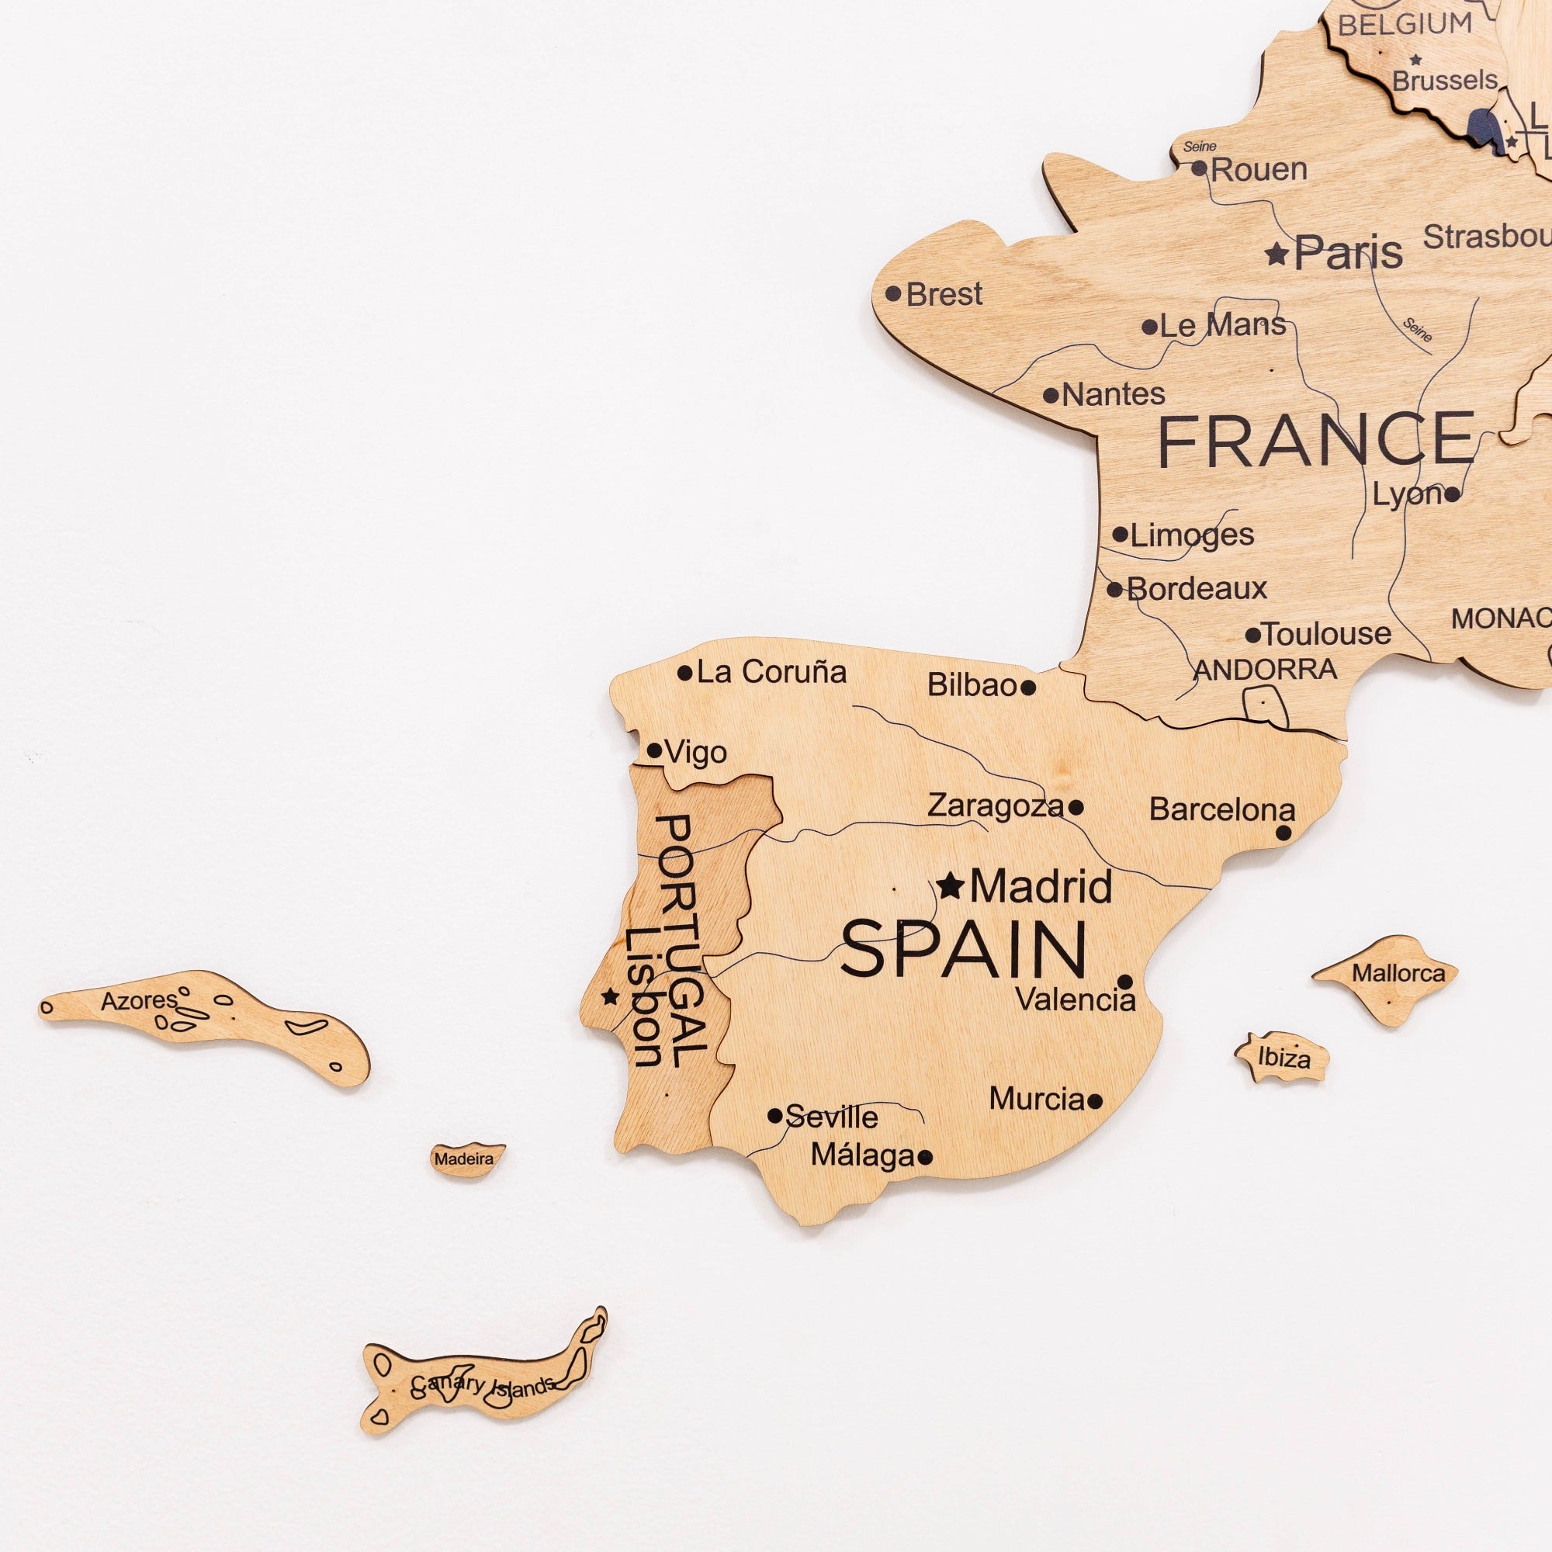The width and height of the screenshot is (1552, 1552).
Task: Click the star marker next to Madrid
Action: click(x=951, y=886)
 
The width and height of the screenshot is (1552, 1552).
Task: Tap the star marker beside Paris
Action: click(x=1277, y=254)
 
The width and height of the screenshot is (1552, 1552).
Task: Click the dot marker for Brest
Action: click(x=892, y=293)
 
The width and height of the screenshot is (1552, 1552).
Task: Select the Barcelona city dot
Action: click(x=1284, y=833)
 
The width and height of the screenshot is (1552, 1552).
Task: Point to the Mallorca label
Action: click(x=1398, y=973)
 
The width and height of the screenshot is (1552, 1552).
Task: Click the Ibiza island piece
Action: click(x=1283, y=1058)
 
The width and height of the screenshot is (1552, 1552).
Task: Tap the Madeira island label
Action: click(x=463, y=1159)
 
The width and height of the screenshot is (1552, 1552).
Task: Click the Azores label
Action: click(x=138, y=1001)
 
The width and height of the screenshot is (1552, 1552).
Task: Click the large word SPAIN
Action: click(x=963, y=950)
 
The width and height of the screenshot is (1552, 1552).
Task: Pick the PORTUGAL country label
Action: click(x=683, y=940)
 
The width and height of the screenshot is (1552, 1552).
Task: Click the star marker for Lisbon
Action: click(x=610, y=997)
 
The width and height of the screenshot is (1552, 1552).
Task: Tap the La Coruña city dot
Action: click(x=684, y=673)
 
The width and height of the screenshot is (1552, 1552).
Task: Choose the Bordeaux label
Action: click(x=1196, y=590)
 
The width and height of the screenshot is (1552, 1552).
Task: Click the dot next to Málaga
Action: click(x=925, y=1157)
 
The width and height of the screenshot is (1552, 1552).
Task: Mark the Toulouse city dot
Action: click(x=1252, y=636)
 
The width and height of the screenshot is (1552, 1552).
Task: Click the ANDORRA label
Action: click(x=1265, y=669)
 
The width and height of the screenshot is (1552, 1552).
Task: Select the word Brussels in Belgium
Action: click(x=1444, y=81)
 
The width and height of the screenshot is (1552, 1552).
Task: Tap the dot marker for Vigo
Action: click(x=655, y=751)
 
